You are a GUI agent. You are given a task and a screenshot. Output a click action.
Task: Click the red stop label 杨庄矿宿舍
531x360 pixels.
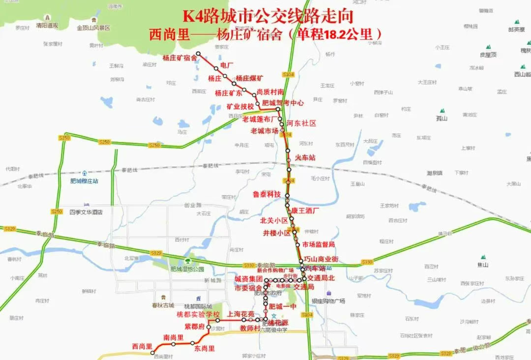[x=180, y=58]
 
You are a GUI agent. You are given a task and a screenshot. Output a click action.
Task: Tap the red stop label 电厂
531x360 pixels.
[x=227, y=65]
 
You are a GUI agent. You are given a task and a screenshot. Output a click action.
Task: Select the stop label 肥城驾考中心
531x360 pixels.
[x=283, y=103]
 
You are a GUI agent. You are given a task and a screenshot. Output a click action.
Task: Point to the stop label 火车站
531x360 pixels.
[x=305, y=157]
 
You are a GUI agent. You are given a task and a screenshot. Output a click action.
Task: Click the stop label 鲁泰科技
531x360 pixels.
[x=266, y=194]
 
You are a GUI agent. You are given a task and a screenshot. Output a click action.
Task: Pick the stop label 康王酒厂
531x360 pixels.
[x=305, y=210]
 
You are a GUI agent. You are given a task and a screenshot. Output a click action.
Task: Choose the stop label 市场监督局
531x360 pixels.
[x=318, y=244]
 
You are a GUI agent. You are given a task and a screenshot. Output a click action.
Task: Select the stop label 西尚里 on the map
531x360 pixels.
[x=142, y=346]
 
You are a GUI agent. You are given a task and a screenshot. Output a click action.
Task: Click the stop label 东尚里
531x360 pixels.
[x=205, y=348]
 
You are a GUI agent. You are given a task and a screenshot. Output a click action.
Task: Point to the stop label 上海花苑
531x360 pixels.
[x=241, y=314]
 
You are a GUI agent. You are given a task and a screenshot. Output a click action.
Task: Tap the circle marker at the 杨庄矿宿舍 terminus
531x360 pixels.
[x=199, y=53]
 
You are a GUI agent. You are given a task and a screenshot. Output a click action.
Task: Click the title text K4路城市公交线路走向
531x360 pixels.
[x=268, y=17]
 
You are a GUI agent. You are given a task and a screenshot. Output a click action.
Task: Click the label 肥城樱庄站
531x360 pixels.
[x=84, y=181]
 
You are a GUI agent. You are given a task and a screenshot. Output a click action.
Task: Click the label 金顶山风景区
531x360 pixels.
[x=93, y=28]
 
